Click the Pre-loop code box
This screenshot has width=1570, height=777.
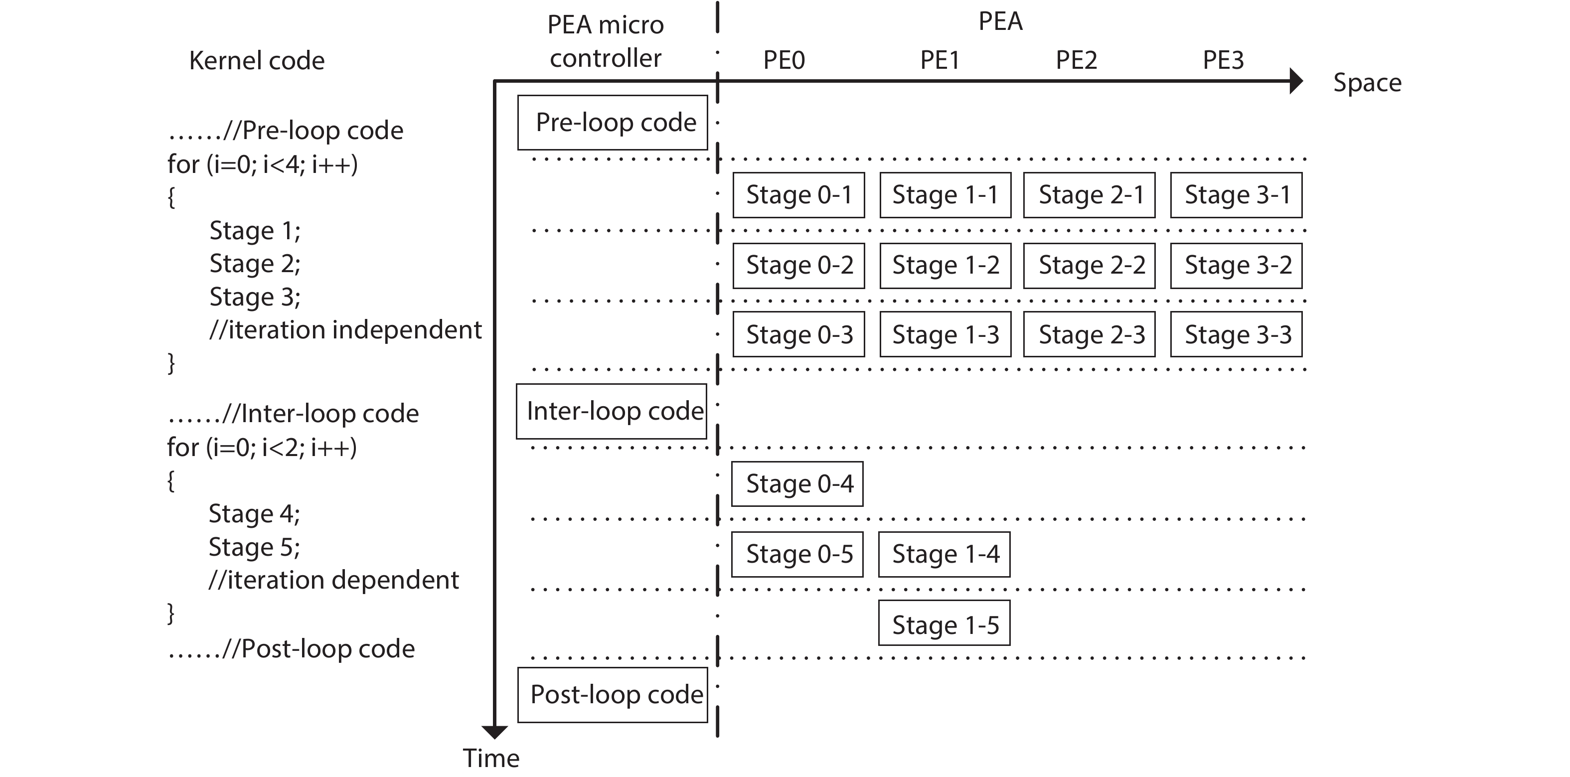613,123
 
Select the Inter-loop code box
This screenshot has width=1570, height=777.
611,411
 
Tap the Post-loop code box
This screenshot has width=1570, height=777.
613,695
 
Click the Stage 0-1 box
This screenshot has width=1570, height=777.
798,195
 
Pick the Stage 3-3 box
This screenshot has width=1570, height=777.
1236,334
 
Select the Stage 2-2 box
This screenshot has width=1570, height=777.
1089,265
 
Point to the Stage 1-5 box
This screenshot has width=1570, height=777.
944,623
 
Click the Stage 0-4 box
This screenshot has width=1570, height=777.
797,484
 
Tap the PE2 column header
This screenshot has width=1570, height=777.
1077,60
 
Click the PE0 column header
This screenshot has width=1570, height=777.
784,60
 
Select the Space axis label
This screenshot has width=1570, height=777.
1367,82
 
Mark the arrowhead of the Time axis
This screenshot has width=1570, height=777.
494,731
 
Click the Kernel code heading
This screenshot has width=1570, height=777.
257,61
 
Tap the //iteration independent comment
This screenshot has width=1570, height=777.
345,330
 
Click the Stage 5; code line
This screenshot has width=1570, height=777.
254,547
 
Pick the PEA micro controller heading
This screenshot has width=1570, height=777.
605,41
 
